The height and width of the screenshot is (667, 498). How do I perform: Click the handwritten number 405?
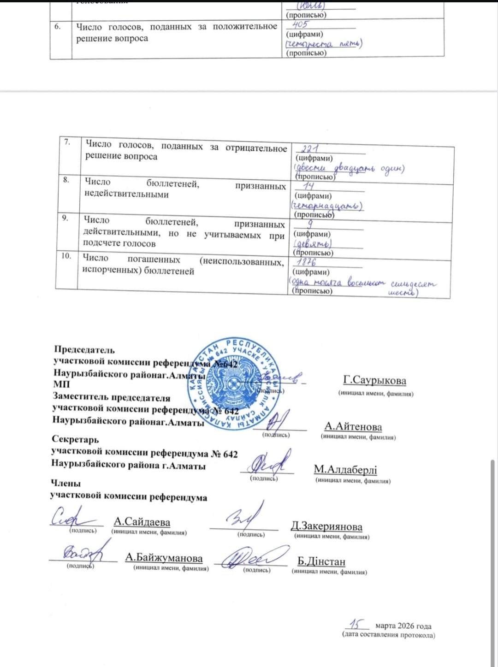click(300, 24)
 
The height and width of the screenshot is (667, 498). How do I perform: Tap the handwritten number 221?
click(310, 149)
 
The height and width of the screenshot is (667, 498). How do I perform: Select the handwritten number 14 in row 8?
click(308, 186)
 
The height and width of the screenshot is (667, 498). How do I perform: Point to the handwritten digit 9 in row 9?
click(311, 224)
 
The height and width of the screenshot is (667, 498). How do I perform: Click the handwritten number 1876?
click(306, 262)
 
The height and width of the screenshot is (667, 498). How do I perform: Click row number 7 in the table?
click(67, 142)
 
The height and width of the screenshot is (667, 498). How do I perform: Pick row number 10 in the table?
click(66, 255)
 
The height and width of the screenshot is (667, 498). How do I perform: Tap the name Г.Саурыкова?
click(374, 380)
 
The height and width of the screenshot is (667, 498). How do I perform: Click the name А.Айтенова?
click(353, 426)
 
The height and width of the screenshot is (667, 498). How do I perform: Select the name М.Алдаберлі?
click(345, 469)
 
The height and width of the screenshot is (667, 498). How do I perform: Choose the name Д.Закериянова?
click(326, 526)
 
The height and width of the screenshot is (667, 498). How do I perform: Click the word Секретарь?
click(75, 439)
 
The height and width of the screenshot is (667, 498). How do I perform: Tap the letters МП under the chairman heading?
click(61, 384)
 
